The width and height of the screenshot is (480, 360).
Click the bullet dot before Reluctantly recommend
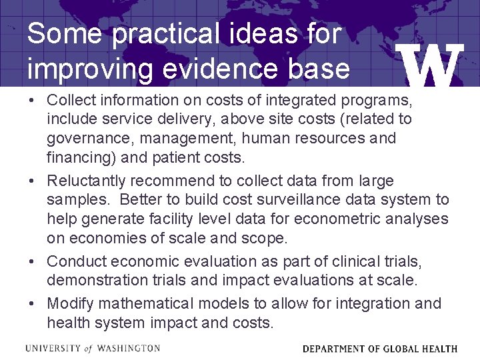[32, 181]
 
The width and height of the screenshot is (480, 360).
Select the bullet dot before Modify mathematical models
[32, 304]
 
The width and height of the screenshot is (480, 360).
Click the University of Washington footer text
[93, 348]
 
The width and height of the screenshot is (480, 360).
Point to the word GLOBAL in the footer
[402, 349]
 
